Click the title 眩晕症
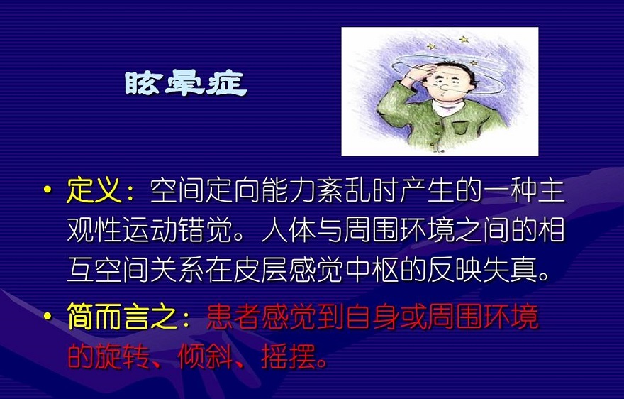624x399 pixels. (186, 83)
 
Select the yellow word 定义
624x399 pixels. (94, 190)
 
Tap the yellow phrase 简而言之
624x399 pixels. (123, 316)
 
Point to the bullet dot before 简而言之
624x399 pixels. (48, 316)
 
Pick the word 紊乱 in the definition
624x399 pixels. (345, 190)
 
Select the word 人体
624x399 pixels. (289, 230)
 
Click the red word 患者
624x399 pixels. (233, 317)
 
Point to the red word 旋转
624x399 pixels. (122, 356)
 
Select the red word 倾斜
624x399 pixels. (206, 356)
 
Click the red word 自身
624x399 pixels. (372, 317)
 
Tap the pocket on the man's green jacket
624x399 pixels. (460, 128)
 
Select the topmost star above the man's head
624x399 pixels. (464, 40)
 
